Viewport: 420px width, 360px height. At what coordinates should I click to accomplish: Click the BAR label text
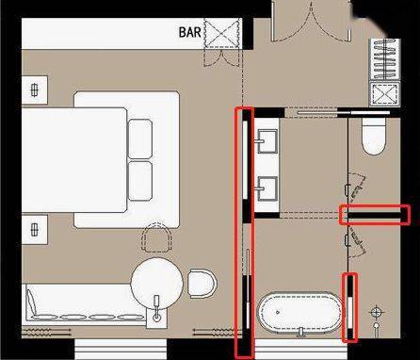[x=190, y=32]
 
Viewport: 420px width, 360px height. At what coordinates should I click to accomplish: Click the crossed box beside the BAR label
[x=222, y=33]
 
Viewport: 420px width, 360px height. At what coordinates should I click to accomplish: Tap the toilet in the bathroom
[x=374, y=136]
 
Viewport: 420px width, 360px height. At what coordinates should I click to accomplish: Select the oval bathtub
[x=299, y=313]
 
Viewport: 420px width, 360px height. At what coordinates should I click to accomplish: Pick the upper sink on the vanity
[x=267, y=141]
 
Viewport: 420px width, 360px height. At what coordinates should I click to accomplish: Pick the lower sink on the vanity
[x=267, y=188]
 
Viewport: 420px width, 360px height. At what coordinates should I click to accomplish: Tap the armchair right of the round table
[x=202, y=283]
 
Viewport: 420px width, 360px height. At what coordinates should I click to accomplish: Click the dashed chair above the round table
[x=156, y=237]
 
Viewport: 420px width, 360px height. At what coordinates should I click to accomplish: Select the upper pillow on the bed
[x=140, y=139]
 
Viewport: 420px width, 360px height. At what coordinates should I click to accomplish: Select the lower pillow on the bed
[x=140, y=181]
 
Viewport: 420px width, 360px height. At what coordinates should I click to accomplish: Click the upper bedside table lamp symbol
[x=35, y=90]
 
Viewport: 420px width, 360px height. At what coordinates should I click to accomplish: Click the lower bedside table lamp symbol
[x=35, y=229]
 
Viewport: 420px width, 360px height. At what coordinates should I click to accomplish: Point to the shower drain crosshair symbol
[x=377, y=312]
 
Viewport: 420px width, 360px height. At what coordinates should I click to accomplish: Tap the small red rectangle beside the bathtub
[x=349, y=308]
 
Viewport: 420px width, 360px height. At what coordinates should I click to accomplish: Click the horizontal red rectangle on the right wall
[x=375, y=215]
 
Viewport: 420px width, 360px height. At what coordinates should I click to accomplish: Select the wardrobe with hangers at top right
[x=385, y=58]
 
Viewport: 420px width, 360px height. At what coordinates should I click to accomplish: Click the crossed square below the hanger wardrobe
[x=385, y=93]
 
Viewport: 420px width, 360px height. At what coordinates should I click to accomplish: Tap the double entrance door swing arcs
[x=311, y=22]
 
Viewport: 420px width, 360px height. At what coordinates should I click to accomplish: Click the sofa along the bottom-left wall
[x=86, y=304]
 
